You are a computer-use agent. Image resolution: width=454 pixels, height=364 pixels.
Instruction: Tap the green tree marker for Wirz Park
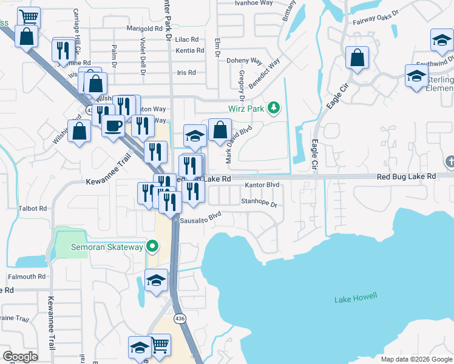tap(274, 108)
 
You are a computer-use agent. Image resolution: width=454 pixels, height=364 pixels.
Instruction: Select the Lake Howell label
tap(356, 298)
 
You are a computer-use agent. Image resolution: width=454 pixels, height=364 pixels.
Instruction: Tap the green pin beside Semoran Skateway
tap(153, 247)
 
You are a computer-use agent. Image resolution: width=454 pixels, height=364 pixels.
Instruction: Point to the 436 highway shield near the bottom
tap(180, 318)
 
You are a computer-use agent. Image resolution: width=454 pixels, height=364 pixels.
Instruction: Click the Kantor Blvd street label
tap(262, 185)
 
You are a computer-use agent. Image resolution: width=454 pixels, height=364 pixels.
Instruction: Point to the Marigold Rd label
tap(144, 28)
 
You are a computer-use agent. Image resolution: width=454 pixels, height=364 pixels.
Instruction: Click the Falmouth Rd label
tap(27, 276)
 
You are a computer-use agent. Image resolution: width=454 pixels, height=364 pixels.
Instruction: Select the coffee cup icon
tap(113, 126)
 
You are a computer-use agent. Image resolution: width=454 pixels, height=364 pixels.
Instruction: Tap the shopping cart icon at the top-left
tap(28, 17)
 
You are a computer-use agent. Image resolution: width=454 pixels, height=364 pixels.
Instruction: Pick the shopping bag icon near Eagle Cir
tap(357, 58)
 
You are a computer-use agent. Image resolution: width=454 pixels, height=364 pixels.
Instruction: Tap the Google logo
tap(21, 357)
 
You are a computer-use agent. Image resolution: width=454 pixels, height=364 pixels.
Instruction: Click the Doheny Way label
tap(243, 61)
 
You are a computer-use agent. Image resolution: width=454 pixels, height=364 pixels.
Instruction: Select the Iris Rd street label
tap(186, 72)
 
